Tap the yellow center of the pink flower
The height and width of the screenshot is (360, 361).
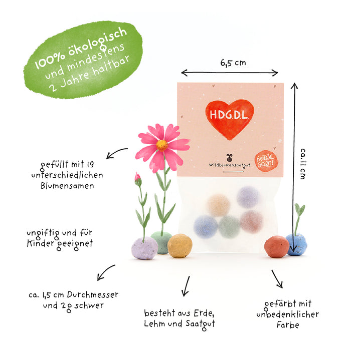point(162,145)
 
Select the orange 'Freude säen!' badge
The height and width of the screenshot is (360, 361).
point(266,161)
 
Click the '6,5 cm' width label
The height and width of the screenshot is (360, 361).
point(233,63)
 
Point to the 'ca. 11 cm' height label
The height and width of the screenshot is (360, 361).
point(303,164)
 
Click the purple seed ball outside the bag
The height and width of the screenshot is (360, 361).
point(144,248)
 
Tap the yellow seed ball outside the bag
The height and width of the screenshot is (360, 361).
point(180,246)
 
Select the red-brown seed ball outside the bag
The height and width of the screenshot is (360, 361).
point(276,247)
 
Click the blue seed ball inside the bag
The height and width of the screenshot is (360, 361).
point(206,227)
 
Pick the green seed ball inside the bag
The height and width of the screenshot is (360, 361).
point(229,227)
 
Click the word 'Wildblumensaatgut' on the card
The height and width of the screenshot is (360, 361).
point(230,165)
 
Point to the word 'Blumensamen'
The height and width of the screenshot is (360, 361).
point(67,186)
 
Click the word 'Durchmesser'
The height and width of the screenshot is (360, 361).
point(93,294)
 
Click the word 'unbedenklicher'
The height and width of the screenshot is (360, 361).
point(288,314)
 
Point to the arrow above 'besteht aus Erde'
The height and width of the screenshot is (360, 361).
point(186,286)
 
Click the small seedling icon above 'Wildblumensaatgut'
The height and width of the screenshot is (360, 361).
point(229,158)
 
